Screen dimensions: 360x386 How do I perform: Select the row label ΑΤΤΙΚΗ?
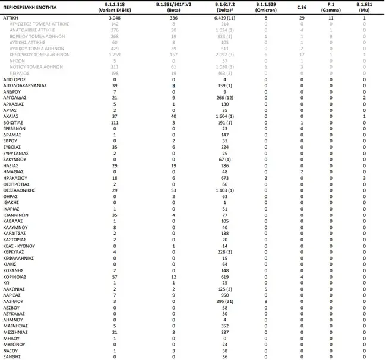(11, 19)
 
